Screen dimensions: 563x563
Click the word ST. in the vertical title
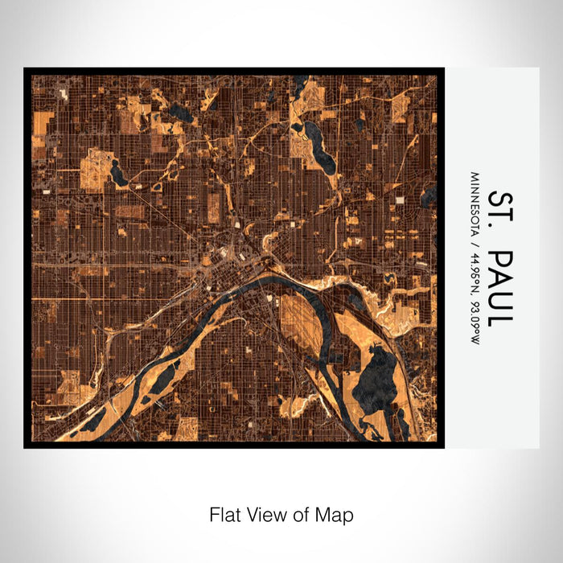(x=498, y=212)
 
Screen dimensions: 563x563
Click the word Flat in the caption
(x=224, y=514)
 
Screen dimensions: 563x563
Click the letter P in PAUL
(x=498, y=259)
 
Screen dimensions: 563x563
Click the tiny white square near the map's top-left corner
(x=64, y=93)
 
